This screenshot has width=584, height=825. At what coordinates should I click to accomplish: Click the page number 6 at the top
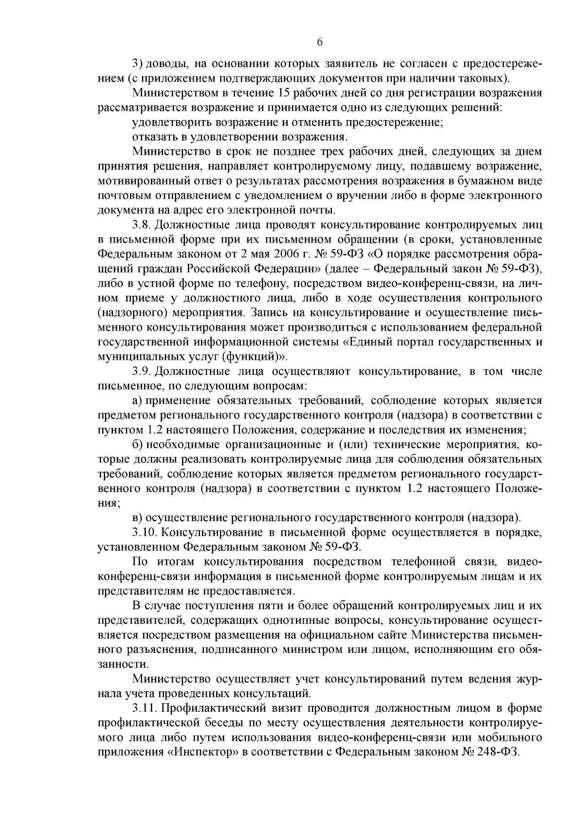[320, 42]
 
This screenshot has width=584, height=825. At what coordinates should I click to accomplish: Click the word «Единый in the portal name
[366, 342]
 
